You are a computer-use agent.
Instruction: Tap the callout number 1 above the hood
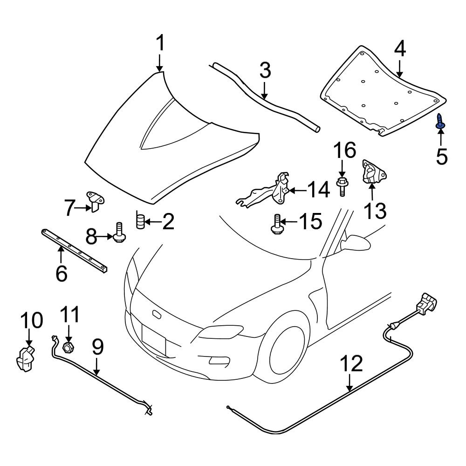(160, 44)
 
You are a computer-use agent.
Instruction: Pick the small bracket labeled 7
(95, 201)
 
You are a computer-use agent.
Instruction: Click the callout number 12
(350, 364)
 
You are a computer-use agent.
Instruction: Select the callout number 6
(61, 273)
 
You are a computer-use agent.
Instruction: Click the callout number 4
(400, 50)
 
